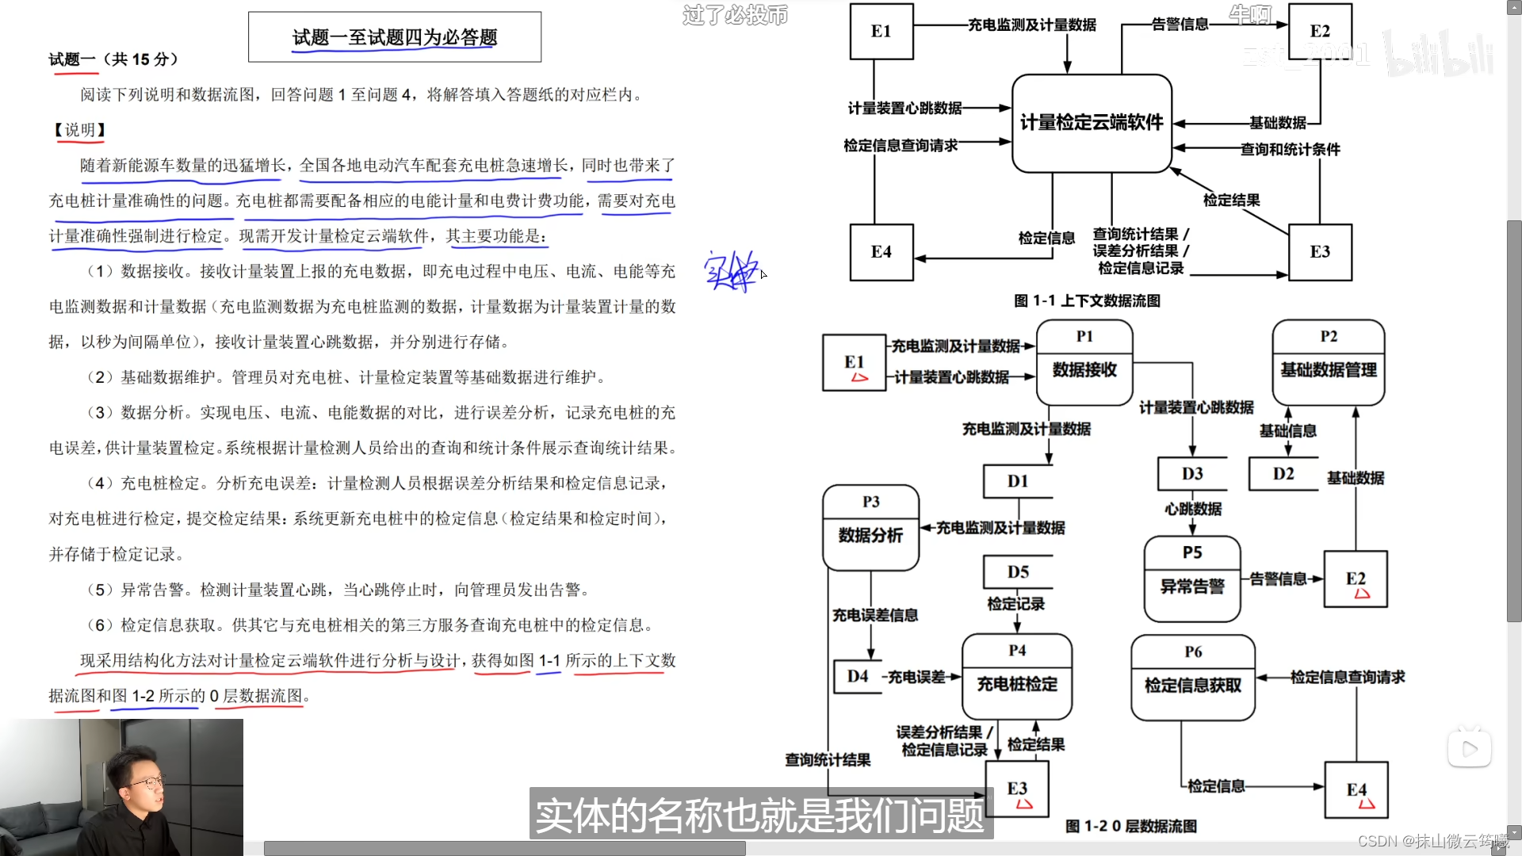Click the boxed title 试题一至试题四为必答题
(395, 37)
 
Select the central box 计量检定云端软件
(1092, 123)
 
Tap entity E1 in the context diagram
(881, 32)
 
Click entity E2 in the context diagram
(1320, 32)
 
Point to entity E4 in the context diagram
(881, 252)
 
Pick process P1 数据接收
(1084, 362)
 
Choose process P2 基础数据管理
(1329, 362)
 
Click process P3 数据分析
(870, 527)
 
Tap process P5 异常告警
(1192, 579)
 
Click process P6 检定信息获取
(1193, 678)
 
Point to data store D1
(1018, 481)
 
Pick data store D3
(1192, 474)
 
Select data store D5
(1018, 572)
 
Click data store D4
(858, 676)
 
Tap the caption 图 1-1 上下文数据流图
(1087, 301)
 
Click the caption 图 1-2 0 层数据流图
(1130, 826)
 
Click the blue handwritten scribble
(731, 272)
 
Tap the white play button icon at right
(1470, 749)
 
